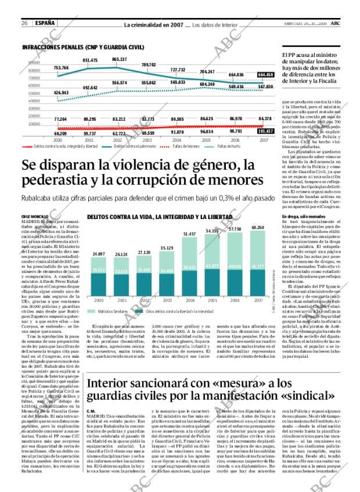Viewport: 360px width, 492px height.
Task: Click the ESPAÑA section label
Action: (45, 23)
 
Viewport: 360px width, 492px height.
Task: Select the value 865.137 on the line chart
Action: (120, 60)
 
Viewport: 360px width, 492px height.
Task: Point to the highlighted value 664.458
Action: (265, 74)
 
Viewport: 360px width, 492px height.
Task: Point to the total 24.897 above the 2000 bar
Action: (99, 254)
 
